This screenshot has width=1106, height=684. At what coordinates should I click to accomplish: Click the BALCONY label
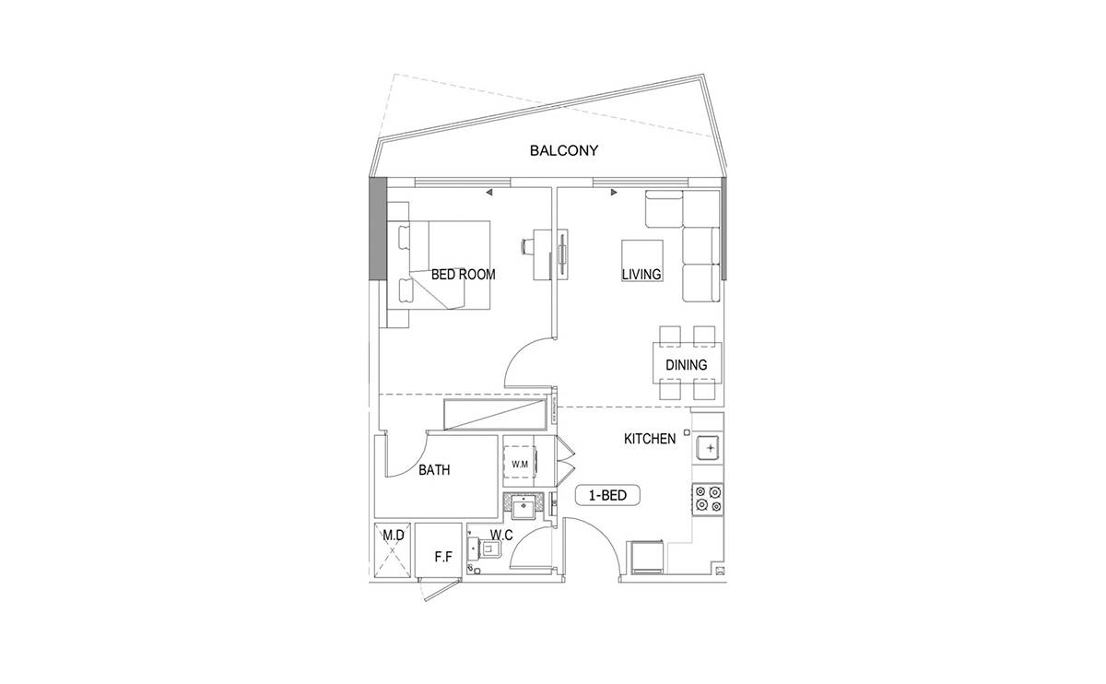[x=564, y=150]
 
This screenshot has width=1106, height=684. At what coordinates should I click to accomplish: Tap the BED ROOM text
[x=463, y=274]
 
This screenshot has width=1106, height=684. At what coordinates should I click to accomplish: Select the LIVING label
[x=641, y=274]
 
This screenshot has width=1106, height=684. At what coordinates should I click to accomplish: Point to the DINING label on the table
[x=687, y=365]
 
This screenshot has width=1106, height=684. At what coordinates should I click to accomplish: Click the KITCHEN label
[x=650, y=439]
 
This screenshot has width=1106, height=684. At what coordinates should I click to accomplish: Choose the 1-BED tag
[x=607, y=495]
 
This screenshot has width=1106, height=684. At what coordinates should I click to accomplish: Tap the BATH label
[x=434, y=469]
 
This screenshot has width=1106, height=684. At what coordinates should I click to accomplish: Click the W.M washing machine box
[x=520, y=465]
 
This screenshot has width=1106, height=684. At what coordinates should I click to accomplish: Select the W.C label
[x=501, y=535]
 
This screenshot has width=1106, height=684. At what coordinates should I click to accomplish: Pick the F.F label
[x=443, y=557]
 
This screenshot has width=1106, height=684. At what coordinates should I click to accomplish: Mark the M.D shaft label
[x=394, y=535]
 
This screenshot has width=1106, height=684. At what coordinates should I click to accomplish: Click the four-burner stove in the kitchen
[x=708, y=500]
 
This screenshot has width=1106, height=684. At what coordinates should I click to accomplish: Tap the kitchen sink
[x=708, y=448]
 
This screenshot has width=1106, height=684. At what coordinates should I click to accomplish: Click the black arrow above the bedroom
[x=488, y=193]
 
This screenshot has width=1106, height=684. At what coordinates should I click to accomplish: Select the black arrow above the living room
[x=614, y=192]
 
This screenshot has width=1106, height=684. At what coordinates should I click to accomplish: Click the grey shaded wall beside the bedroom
[x=378, y=229]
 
